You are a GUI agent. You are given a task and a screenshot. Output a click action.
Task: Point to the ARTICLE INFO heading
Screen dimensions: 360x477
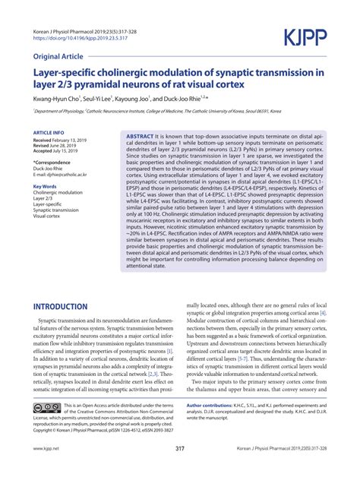[x=49, y=132]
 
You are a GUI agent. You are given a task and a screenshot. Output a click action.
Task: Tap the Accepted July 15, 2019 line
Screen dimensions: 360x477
[x=56, y=152]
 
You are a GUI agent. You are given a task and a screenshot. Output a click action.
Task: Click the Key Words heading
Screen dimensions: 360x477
[x=45, y=186]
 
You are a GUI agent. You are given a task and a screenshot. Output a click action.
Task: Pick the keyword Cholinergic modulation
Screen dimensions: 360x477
[x=58, y=193]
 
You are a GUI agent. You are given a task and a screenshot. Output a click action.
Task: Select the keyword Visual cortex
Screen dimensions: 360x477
[x=49, y=216]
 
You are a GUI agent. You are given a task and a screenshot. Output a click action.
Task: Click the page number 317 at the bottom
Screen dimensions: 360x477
[x=180, y=450]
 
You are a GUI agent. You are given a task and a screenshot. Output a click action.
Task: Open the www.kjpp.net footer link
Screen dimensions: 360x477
[x=47, y=450]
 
